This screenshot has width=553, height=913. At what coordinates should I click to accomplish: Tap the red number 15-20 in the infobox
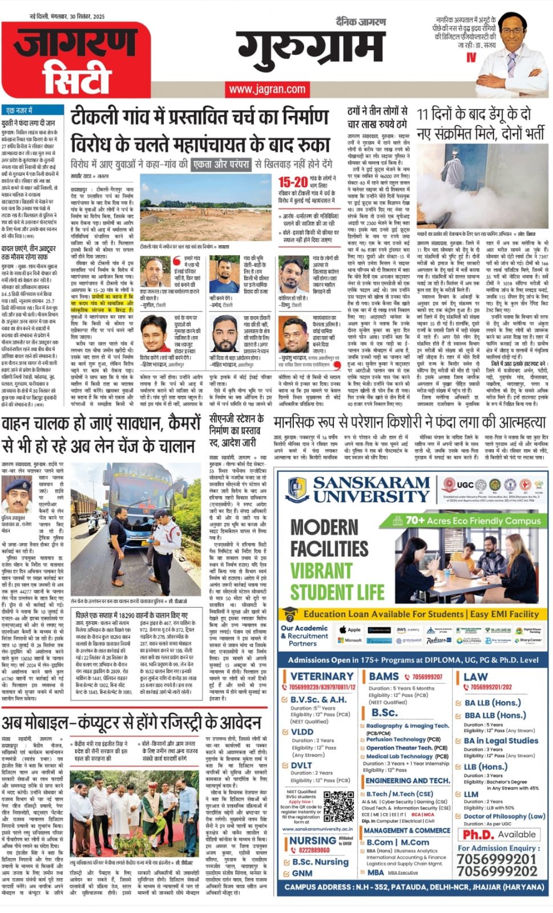click(293, 182)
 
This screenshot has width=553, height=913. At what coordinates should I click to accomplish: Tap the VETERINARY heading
click(322, 676)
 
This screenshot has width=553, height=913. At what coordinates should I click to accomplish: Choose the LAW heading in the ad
click(475, 676)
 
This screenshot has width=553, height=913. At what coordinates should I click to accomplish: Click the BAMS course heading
click(384, 676)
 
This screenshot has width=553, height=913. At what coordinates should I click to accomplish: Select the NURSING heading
click(312, 841)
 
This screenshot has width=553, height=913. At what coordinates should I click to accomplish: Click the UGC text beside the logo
click(465, 484)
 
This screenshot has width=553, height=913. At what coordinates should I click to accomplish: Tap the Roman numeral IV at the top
click(471, 57)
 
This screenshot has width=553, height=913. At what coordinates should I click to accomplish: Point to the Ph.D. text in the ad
click(478, 834)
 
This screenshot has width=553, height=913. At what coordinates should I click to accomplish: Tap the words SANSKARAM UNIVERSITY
click(370, 490)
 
